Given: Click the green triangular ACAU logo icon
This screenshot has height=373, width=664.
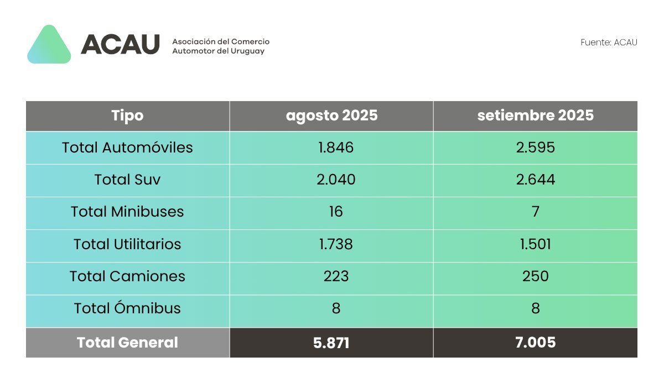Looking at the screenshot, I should click(49, 45).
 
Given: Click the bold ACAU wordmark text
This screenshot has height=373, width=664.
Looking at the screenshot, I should click(120, 44).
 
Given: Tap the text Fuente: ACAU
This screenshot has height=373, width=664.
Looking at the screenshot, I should click(609, 43).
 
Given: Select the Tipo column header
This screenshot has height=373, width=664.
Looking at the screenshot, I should click(127, 115).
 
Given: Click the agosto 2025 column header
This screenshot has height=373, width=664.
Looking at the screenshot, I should click(331, 115).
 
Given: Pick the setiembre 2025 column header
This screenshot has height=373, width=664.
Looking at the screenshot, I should click(535, 115).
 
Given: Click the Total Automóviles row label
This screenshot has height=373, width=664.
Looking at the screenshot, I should click(127, 148).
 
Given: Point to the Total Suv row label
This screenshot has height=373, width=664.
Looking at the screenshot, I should click(127, 180).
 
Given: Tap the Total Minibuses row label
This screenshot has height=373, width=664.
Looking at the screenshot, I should click(127, 212).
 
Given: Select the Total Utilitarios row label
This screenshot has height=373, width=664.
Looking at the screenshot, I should click(127, 244).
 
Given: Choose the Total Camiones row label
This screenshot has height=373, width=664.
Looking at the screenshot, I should click(127, 276).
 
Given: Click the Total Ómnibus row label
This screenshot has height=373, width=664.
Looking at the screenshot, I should click(127, 308).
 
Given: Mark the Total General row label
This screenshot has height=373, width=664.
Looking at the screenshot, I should click(127, 343).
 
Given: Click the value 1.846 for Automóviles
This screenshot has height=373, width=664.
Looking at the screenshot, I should click(336, 148).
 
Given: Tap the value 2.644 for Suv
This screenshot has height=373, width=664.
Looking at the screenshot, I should click(535, 180).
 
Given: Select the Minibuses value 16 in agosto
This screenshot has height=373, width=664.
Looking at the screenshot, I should click(335, 212).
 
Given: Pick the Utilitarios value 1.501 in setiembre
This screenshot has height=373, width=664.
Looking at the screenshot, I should click(535, 244).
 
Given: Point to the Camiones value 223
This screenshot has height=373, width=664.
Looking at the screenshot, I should click(336, 276).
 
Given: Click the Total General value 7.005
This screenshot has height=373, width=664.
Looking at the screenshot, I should click(535, 343).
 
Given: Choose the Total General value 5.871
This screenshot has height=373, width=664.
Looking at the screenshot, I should click(331, 343).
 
